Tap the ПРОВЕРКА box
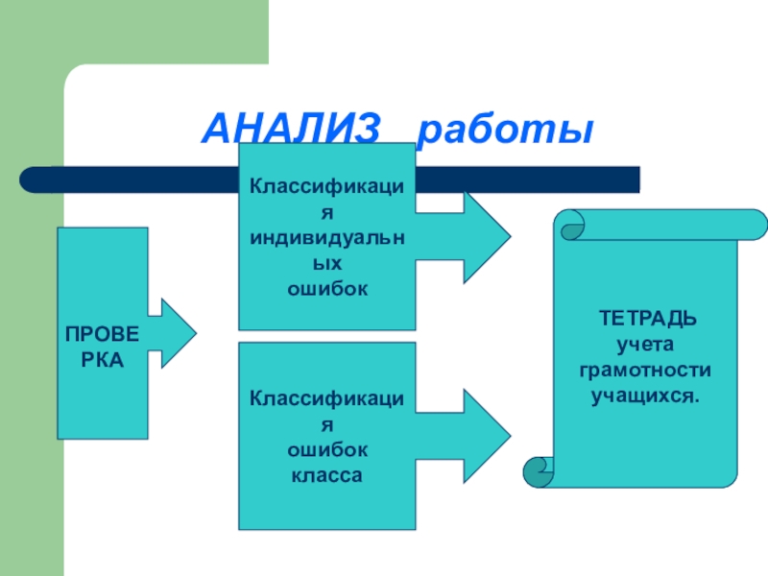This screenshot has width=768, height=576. [x=102, y=333]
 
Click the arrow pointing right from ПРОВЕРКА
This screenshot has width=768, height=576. [x=174, y=333]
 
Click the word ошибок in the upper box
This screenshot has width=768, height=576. [x=327, y=287]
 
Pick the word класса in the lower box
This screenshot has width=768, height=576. [x=326, y=474]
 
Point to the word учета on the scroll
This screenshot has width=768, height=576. [x=645, y=343]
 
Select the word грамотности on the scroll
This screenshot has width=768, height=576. [x=645, y=369]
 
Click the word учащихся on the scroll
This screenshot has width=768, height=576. [x=645, y=395]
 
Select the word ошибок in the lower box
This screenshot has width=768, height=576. [x=326, y=449]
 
